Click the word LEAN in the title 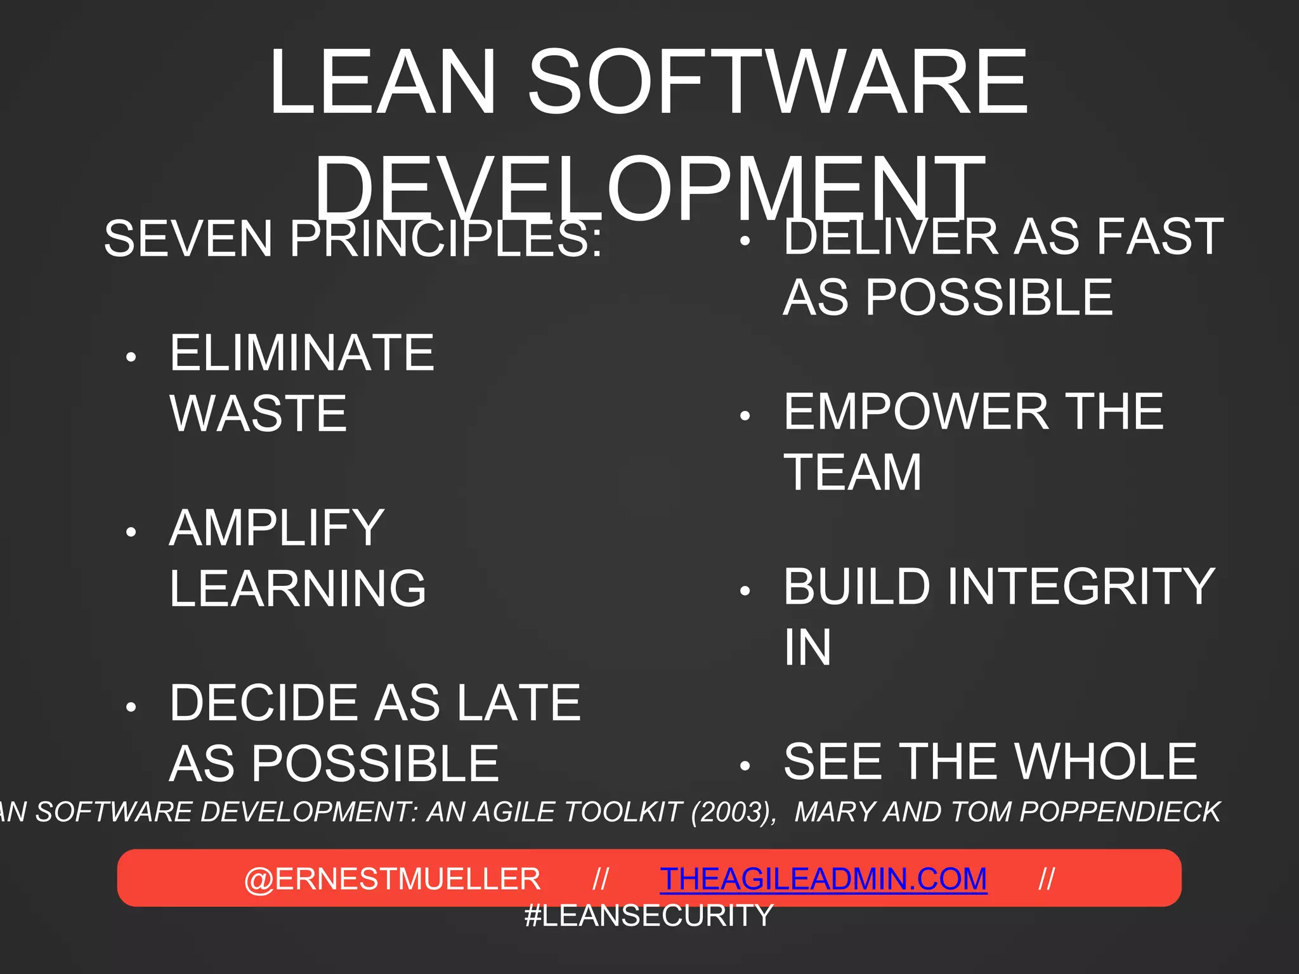click(x=382, y=82)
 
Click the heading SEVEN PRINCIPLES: click(x=353, y=239)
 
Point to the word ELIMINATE click(x=302, y=353)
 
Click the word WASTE click(x=259, y=413)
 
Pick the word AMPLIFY click(x=277, y=528)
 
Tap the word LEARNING click(x=298, y=588)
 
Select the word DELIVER click(x=892, y=237)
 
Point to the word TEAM click(x=852, y=472)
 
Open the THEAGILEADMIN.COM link click(x=823, y=879)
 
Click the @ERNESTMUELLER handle click(x=392, y=879)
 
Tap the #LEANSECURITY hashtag click(x=649, y=916)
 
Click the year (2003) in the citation click(x=733, y=812)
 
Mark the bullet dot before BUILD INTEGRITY click(x=745, y=592)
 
